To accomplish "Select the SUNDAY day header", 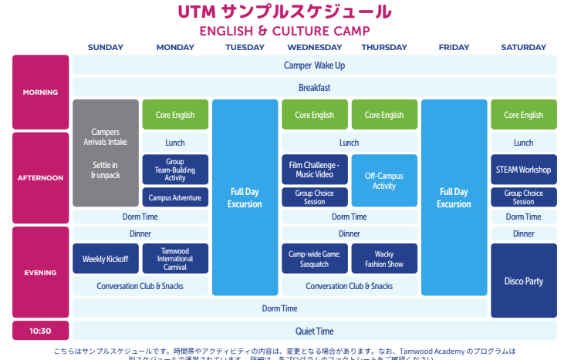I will (106, 48).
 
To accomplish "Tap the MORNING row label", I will (40, 93).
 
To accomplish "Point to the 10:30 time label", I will (40, 331).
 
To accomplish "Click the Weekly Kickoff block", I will (106, 259).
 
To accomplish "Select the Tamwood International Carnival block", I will (175, 259).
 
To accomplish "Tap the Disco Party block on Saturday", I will (523, 281).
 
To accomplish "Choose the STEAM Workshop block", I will (523, 170).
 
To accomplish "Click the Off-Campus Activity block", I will (383, 180).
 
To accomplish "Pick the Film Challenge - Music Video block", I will (314, 170).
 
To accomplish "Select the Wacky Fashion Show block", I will (383, 259).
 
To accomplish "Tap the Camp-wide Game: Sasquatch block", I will (314, 259).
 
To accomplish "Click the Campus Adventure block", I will (175, 197).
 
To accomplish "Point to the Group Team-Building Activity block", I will (175, 170).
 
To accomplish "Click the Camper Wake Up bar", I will (314, 65).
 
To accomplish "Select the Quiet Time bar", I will (314, 331).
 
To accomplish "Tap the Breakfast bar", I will (314, 87).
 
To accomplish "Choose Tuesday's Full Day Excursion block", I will (245, 198).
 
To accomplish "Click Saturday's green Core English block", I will (523, 115).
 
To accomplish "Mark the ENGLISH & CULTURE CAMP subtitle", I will (284, 31).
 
